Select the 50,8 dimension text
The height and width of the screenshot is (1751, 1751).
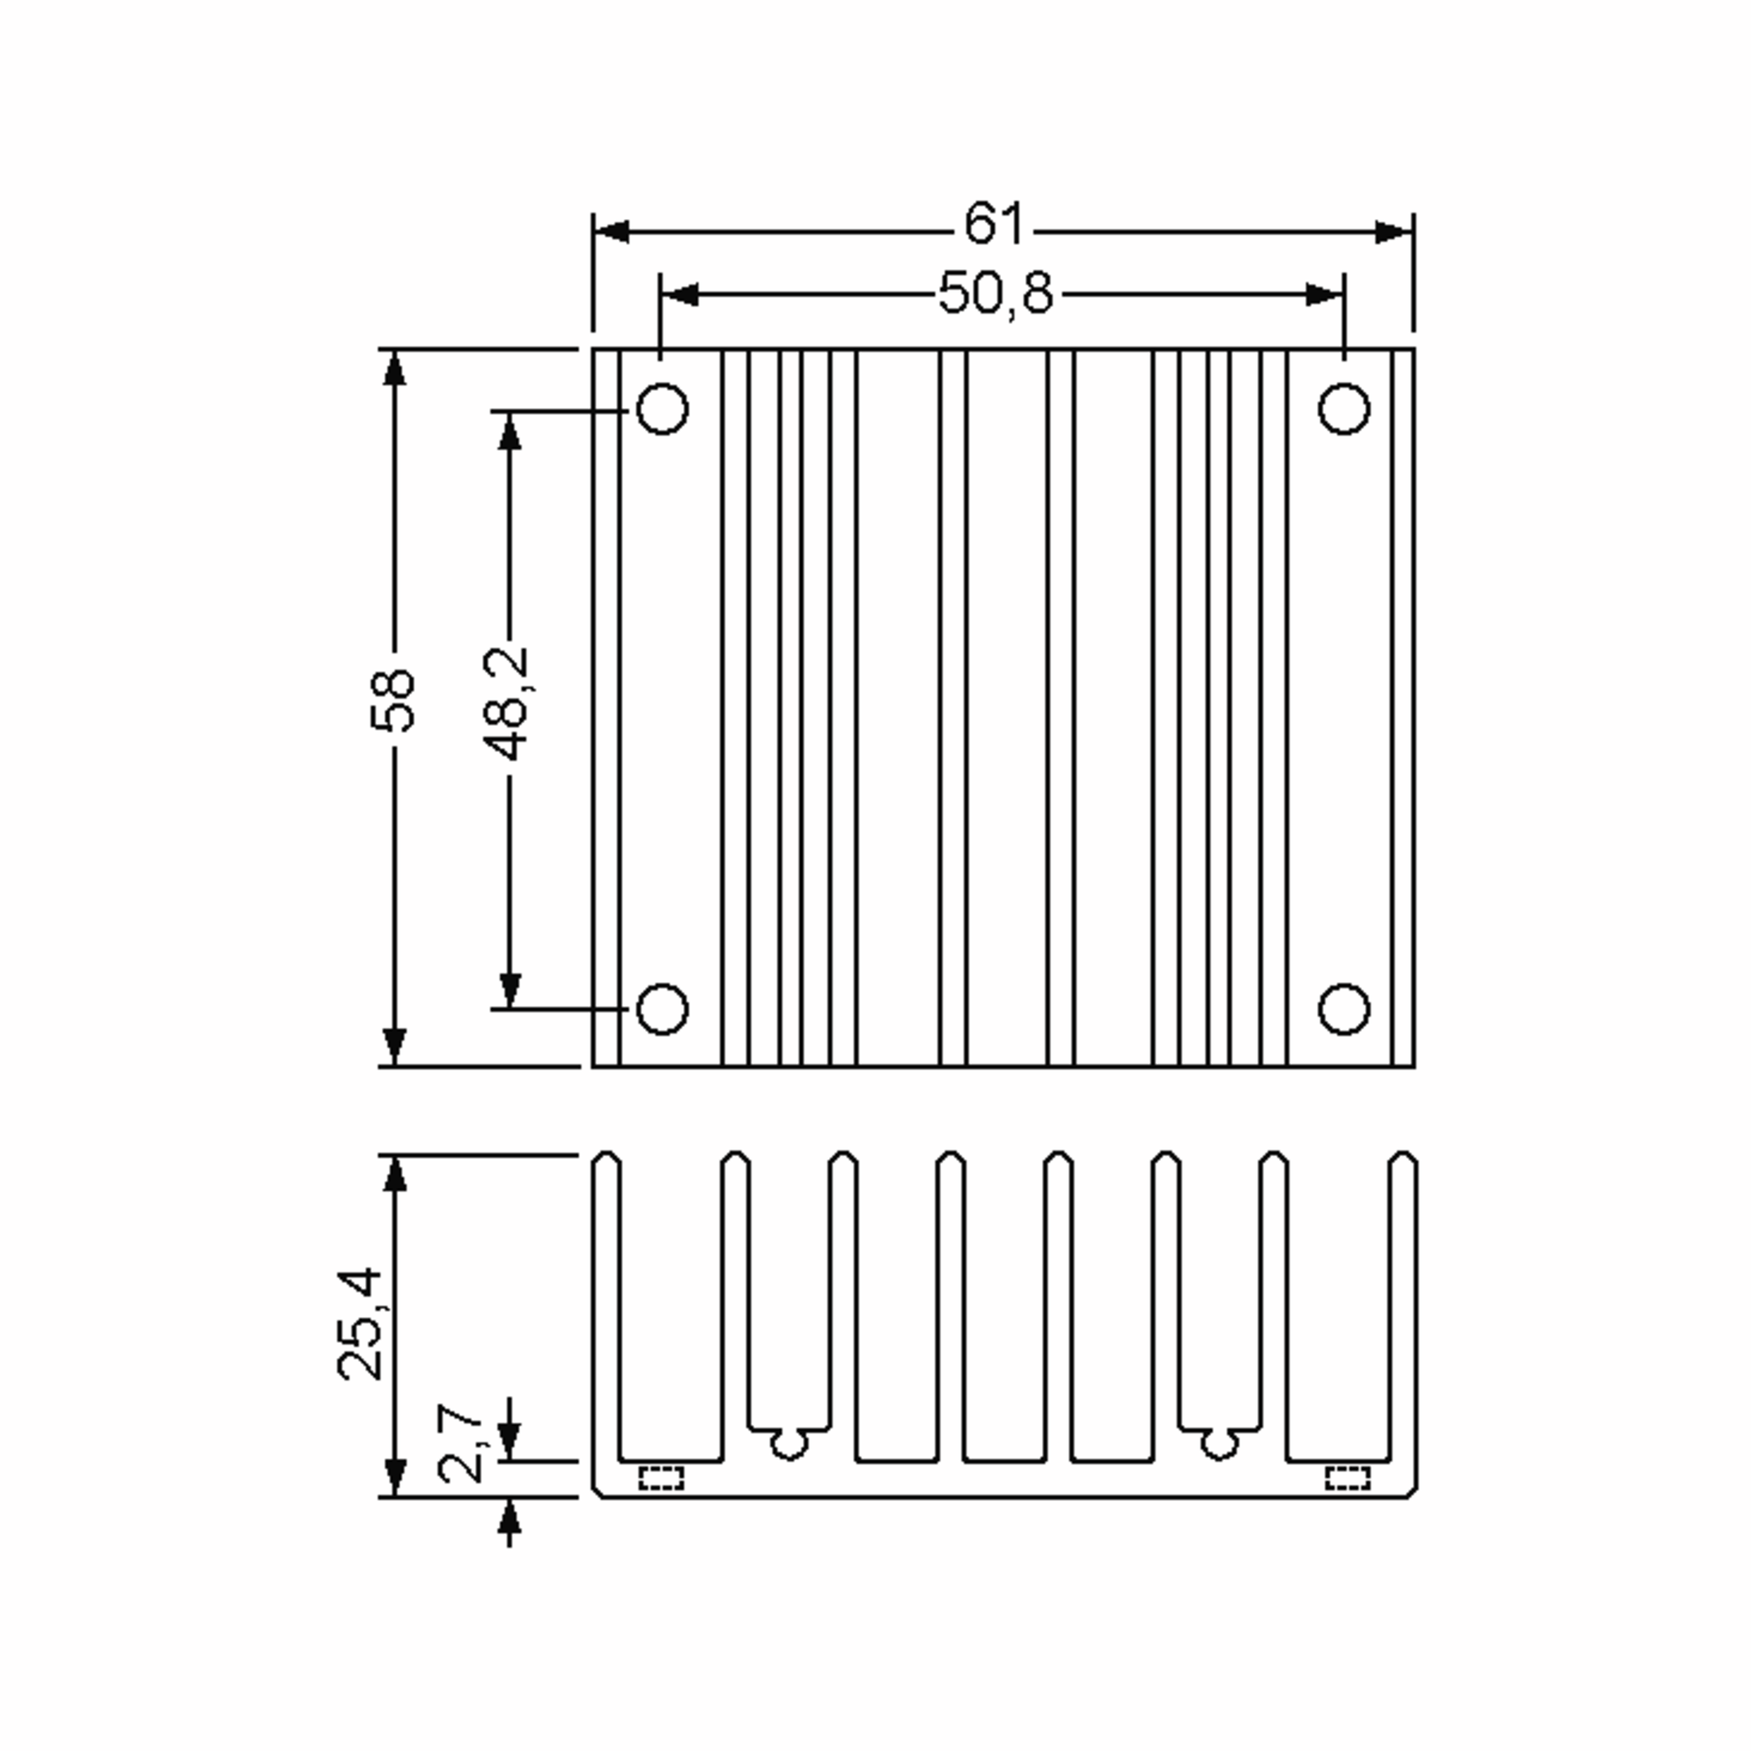pos(995,293)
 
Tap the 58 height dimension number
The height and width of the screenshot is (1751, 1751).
pos(393,700)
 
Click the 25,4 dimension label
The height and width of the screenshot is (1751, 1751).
pos(360,1324)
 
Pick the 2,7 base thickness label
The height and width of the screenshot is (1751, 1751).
pos(460,1444)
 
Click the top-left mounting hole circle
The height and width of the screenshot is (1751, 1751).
pos(662,409)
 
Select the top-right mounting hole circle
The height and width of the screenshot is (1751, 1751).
pos(1344,409)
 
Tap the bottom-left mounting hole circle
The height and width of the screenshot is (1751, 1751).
pos(662,1009)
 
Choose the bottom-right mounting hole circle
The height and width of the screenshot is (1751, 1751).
pos(1344,1009)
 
